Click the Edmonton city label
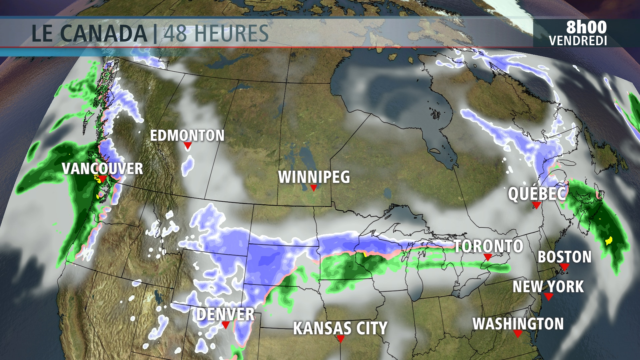(187, 135)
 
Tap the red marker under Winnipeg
(313, 188)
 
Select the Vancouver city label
(102, 169)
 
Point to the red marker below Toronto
(488, 257)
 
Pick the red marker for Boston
(564, 267)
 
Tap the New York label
(548, 286)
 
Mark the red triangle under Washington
(518, 333)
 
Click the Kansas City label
(340, 328)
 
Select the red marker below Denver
(226, 325)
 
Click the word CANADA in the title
(103, 33)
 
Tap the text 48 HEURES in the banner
(216, 33)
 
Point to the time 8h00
(586, 27)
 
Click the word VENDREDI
(578, 41)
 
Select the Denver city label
(225, 314)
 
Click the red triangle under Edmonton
(187, 146)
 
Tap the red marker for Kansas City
(341, 339)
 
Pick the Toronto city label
(489, 246)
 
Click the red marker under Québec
(536, 205)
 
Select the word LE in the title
(42, 33)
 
